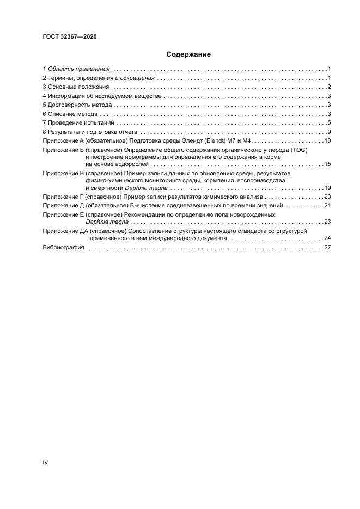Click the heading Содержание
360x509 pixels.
coord(180,54)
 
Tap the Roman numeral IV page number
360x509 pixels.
coord(45,462)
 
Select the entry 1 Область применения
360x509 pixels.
coord(77,69)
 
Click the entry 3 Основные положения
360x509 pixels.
coord(77,87)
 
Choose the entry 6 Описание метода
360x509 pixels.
coord(70,114)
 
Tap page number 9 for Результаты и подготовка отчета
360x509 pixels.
coord(330,132)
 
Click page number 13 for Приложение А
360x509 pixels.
coord(328,141)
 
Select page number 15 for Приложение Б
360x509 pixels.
coord(328,164)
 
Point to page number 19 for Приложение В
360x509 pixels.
coord(328,188)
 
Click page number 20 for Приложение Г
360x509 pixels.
coord(328,197)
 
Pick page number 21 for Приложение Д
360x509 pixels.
coord(328,206)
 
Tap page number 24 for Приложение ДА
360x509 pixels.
coord(328,238)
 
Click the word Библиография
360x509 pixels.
coord(63,247)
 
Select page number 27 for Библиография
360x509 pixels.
coord(328,247)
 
